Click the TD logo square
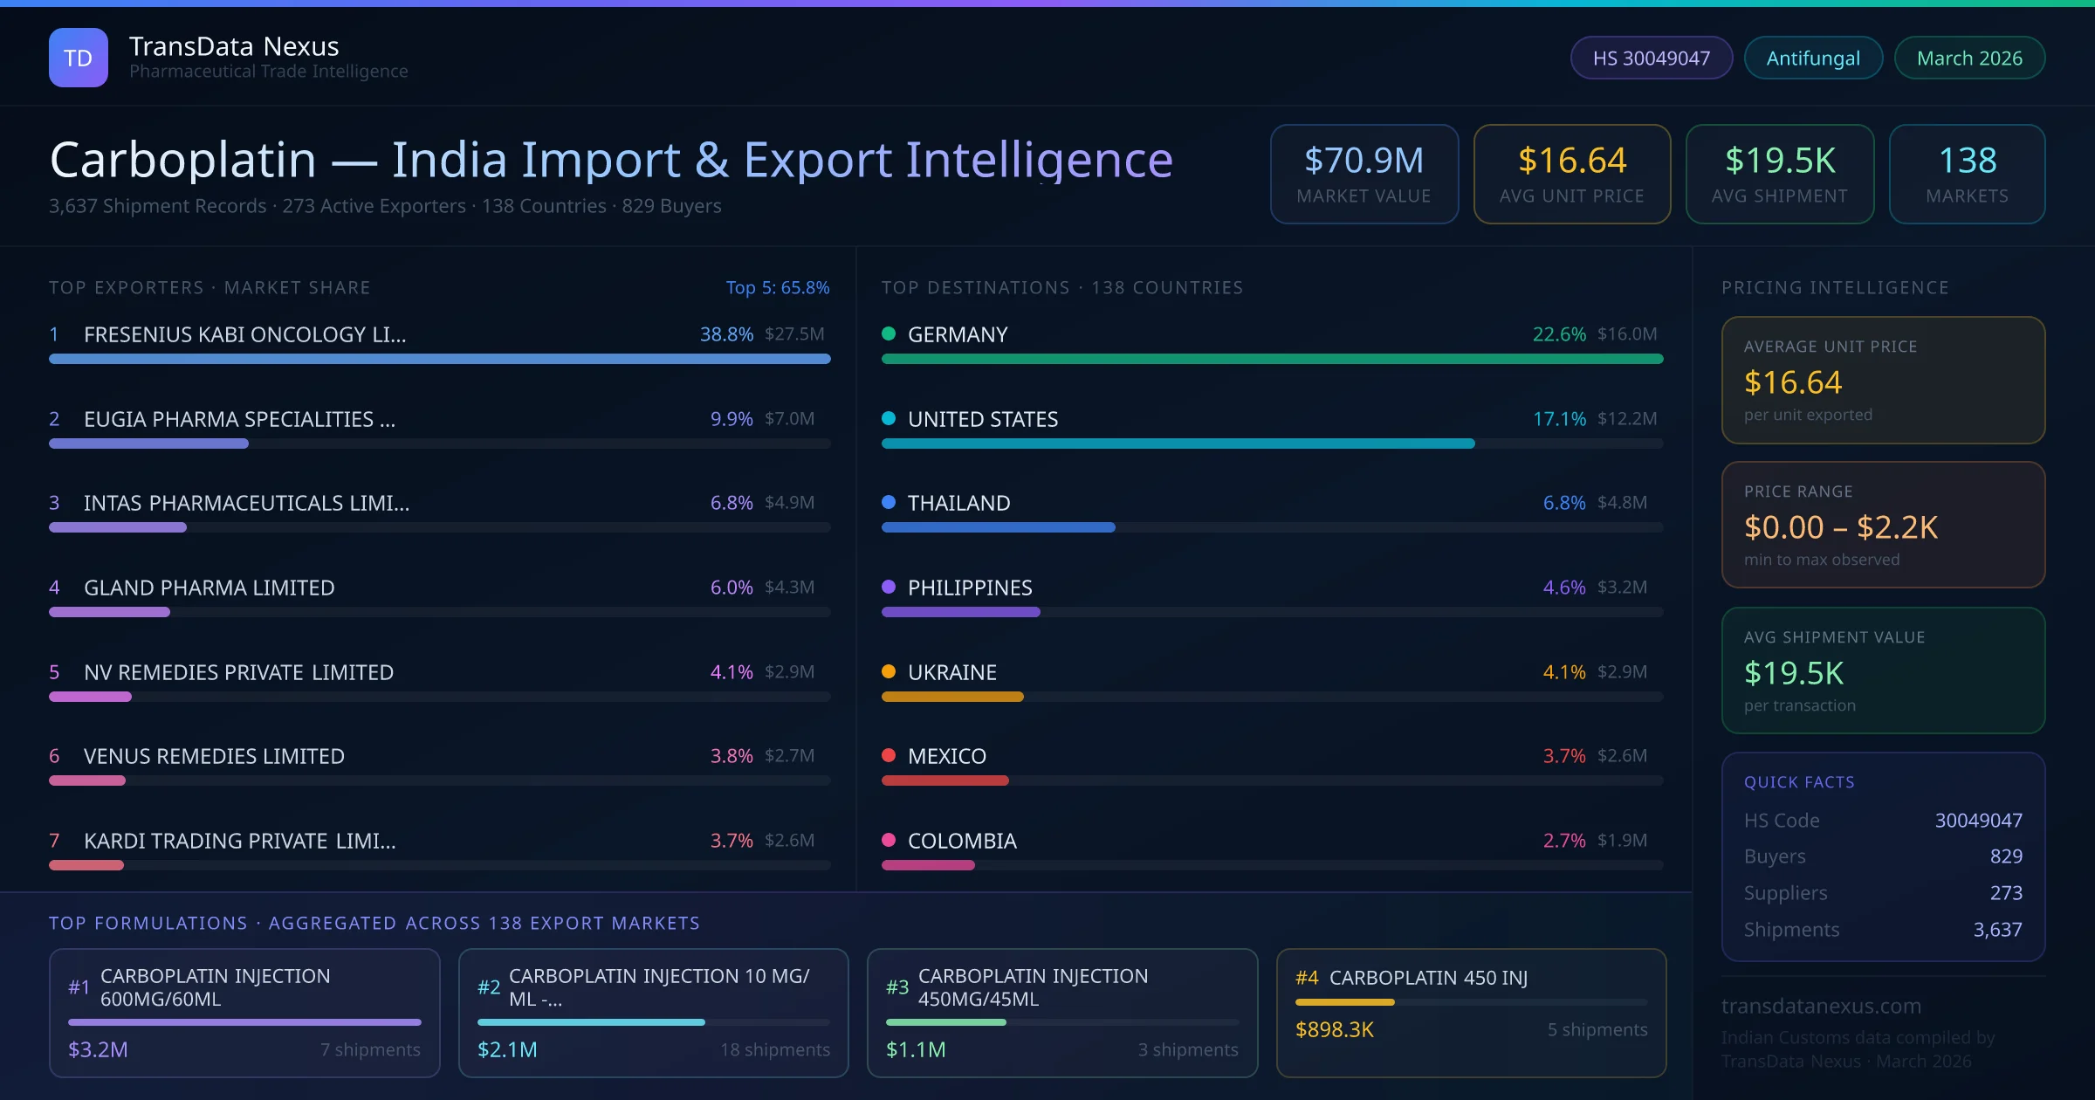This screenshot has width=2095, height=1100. click(x=78, y=58)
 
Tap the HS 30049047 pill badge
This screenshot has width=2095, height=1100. click(x=1651, y=58)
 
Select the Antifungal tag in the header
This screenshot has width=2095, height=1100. click(x=1812, y=58)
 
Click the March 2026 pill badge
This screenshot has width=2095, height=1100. click(x=1968, y=58)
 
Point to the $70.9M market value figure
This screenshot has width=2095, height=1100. click(x=1363, y=161)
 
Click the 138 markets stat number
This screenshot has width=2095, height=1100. click(x=1967, y=161)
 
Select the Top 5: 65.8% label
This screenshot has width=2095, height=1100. click(x=777, y=287)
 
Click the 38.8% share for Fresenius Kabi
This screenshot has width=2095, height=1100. click(x=725, y=334)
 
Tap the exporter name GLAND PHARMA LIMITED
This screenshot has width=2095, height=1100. click(x=209, y=588)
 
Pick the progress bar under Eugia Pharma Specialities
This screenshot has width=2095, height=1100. click(x=148, y=443)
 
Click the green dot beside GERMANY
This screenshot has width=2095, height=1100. click(x=889, y=333)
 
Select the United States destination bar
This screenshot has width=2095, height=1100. click(x=1178, y=443)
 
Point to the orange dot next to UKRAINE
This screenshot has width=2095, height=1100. click(x=889, y=671)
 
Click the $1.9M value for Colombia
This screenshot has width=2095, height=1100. click(x=1622, y=840)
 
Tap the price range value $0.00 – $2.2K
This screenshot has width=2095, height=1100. click(x=1840, y=527)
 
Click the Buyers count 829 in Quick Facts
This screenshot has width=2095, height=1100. click(x=2005, y=856)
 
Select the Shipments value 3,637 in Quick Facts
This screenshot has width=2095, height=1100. click(x=1997, y=930)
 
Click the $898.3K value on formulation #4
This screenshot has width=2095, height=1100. click(x=1334, y=1029)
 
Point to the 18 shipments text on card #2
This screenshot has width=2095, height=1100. click(x=774, y=1049)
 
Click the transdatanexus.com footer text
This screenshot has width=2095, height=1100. click(x=1821, y=1006)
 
